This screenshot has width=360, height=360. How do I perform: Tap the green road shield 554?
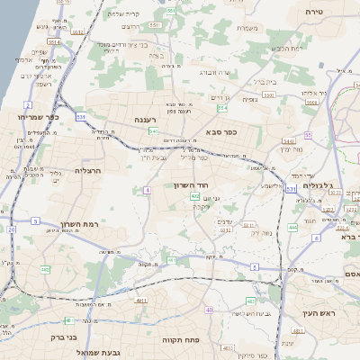click(x=222, y=108)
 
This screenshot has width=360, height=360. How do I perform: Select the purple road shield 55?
click(x=307, y=135)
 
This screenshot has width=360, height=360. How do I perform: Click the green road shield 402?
click(x=194, y=196)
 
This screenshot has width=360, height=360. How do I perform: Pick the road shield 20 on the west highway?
click(x=12, y=229)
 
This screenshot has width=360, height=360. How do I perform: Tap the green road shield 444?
click(x=292, y=227)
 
